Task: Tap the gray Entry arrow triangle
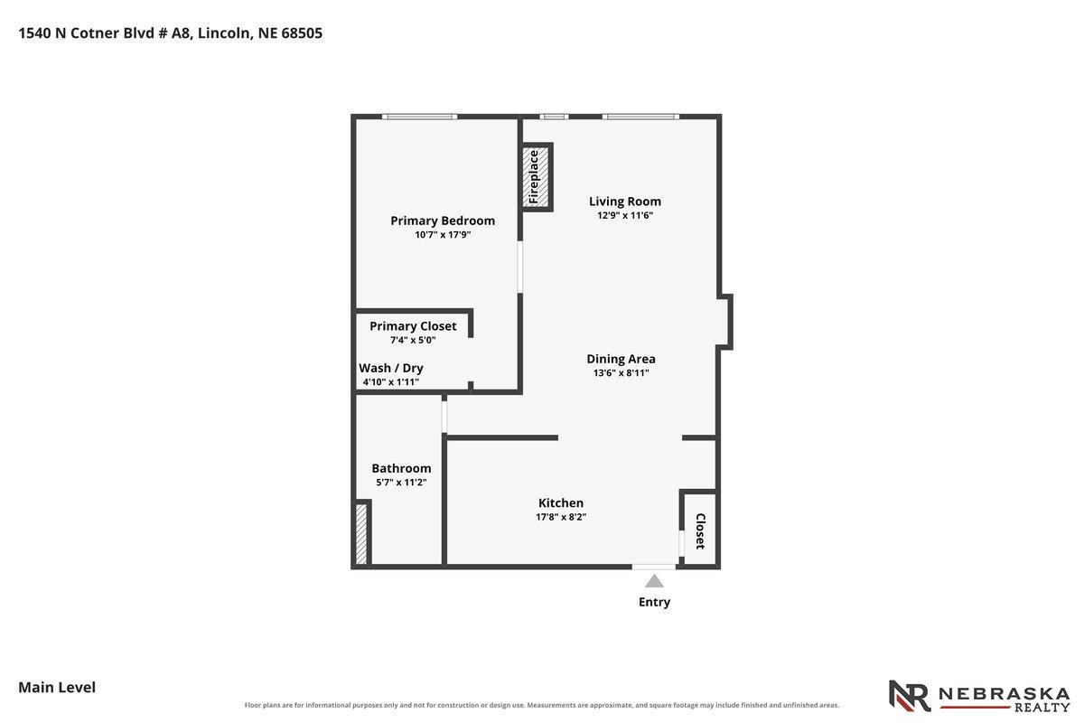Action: click(654, 580)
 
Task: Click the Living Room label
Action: click(625, 202)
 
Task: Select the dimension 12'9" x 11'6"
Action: click(625, 215)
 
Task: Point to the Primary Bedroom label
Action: click(443, 221)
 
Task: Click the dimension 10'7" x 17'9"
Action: click(443, 235)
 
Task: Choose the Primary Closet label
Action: click(413, 326)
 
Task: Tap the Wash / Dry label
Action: click(391, 368)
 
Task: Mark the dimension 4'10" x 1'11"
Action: click(391, 382)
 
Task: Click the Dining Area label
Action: click(621, 359)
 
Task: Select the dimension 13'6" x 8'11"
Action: click(621, 373)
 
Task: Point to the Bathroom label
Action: click(401, 468)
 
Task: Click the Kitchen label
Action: click(561, 502)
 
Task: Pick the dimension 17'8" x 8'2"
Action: click(561, 517)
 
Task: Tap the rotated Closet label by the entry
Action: click(700, 531)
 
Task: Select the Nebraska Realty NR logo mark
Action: click(910, 696)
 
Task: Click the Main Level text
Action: click(57, 687)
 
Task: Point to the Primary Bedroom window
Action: click(419, 117)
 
